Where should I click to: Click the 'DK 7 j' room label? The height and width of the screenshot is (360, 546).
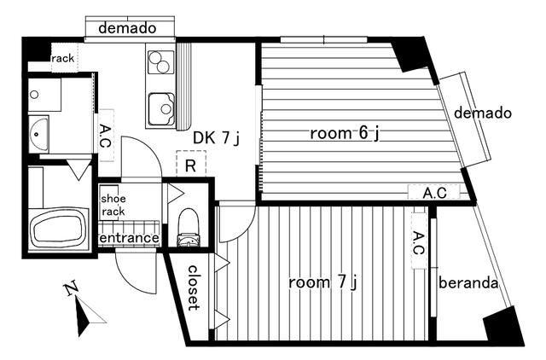tap(216, 138)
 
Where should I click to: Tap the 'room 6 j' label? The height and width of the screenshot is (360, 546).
tap(344, 133)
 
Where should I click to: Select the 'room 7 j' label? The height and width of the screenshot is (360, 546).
tap(322, 282)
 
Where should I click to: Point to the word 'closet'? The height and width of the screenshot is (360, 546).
tap(194, 288)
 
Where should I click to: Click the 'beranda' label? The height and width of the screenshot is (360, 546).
tap(468, 282)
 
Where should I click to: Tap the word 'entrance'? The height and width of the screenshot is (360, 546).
tap(129, 238)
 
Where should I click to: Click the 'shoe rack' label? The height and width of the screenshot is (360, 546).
tap(113, 205)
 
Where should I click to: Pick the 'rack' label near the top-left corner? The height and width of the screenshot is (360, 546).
tap(63, 58)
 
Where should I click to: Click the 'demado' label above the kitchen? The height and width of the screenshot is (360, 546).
tap(127, 28)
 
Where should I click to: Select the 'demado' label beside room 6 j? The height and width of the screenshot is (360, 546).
tap(483, 113)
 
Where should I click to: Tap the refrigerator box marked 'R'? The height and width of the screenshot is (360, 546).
tap(191, 163)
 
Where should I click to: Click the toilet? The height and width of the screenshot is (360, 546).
tap(189, 227)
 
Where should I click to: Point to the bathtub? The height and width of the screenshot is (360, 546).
tap(59, 228)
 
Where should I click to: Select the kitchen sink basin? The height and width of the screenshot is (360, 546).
tap(161, 109)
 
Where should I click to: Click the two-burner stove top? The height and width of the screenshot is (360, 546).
tap(160, 62)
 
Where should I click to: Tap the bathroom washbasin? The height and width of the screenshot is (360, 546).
tap(38, 134)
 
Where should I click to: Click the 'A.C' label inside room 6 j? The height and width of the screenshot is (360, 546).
tap(434, 193)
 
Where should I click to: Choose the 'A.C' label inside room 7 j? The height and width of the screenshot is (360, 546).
tap(418, 244)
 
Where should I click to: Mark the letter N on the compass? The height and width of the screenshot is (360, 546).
tap(71, 288)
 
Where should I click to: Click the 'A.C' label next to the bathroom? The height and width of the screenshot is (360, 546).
tap(105, 136)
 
